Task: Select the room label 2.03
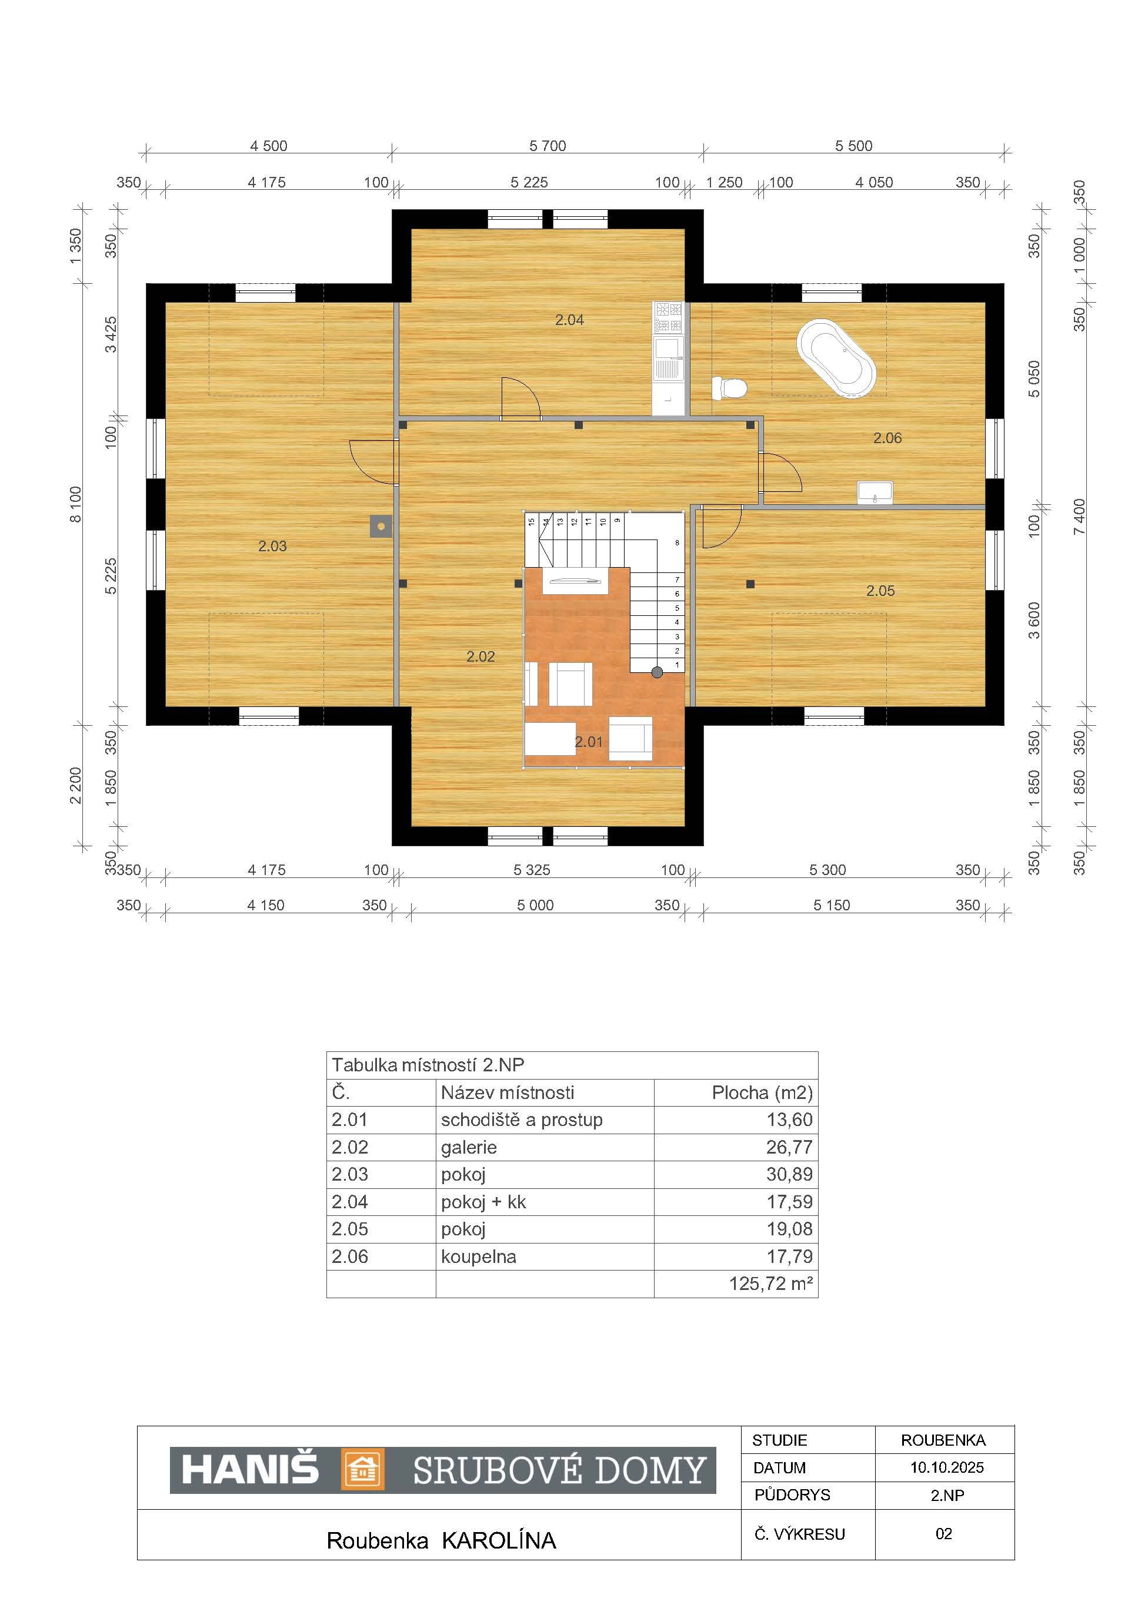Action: pyautogui.click(x=272, y=546)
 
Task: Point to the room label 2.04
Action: pyautogui.click(x=569, y=320)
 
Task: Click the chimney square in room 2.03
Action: pyautogui.click(x=382, y=527)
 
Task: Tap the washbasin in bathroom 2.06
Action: pyautogui.click(x=875, y=493)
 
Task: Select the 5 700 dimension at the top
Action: pyautogui.click(x=548, y=146)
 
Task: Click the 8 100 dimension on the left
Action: pyautogui.click(x=76, y=504)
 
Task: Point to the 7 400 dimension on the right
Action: pyautogui.click(x=1079, y=517)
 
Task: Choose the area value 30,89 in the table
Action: pyautogui.click(x=790, y=1175)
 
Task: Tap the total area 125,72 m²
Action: pyautogui.click(x=770, y=1283)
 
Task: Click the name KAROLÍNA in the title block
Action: pyautogui.click(x=499, y=1541)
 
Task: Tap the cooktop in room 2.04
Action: pyautogui.click(x=669, y=317)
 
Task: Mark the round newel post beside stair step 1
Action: pyautogui.click(x=658, y=672)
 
